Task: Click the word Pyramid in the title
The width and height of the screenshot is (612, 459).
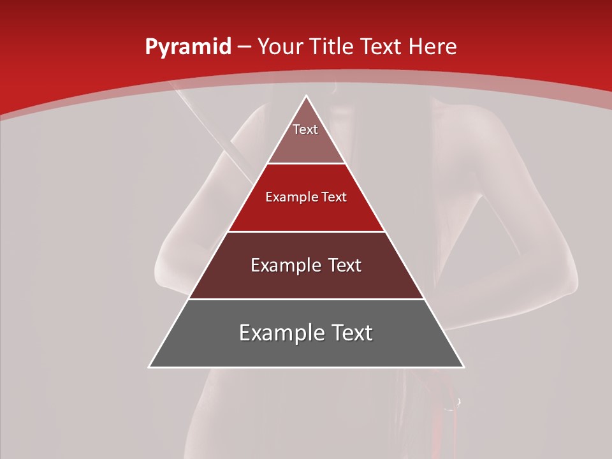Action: (187, 47)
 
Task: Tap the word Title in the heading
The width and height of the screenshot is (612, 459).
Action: (330, 47)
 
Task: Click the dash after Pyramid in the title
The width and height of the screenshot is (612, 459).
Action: (244, 48)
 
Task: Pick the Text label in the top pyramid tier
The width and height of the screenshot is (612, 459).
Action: (305, 129)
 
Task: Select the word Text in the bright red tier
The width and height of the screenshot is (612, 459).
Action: (333, 198)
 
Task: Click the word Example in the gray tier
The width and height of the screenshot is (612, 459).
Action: (280, 333)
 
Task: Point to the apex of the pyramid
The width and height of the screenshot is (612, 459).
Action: (306, 97)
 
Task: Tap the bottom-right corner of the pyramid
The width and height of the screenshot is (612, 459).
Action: (463, 367)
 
